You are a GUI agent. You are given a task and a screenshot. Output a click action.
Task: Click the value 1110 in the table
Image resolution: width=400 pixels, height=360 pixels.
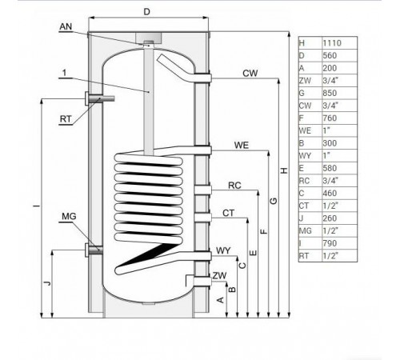332,43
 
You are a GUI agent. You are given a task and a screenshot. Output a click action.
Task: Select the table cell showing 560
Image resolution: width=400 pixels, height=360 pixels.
330,55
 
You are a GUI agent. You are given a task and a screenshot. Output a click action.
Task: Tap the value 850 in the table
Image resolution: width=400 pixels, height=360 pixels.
330,93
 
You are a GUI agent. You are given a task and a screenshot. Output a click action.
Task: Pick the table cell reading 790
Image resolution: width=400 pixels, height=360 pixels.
330,243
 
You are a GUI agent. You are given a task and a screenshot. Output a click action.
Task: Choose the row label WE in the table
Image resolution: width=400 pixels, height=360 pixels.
305,130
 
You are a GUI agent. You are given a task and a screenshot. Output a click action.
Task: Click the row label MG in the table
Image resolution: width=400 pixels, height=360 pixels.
305,230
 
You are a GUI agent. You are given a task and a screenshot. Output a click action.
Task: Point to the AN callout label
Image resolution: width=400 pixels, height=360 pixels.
66,26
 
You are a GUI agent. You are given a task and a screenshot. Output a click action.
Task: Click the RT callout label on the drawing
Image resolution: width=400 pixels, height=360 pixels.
66,119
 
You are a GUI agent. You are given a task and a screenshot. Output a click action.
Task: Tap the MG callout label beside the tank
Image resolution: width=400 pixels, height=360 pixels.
69,216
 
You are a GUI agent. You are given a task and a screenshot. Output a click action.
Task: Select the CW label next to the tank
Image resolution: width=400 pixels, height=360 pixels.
250,74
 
